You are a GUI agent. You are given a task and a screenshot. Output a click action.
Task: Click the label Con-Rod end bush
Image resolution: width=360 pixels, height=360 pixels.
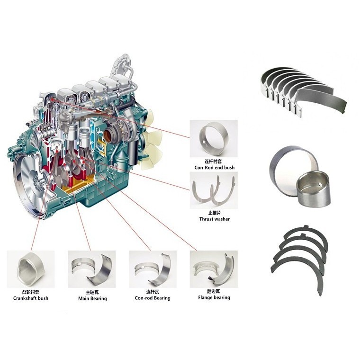(214, 168)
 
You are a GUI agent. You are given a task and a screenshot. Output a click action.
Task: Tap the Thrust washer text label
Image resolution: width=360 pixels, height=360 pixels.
(214, 219)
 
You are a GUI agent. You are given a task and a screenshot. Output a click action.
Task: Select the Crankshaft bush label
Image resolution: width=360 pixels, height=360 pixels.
(30, 298)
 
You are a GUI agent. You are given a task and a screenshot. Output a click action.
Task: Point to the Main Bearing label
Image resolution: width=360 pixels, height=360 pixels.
(92, 298)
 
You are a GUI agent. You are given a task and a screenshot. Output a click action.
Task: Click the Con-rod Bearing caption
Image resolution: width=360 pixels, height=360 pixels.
(153, 298)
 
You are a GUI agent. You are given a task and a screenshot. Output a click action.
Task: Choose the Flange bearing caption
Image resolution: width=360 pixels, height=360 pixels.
(214, 297)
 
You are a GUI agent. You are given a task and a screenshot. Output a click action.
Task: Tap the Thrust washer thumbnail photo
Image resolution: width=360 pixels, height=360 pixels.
(214, 190)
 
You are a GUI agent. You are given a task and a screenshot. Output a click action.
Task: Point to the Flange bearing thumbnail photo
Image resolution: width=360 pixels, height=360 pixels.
(214, 269)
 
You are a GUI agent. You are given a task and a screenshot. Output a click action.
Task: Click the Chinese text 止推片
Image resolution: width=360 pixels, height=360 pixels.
(214, 213)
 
